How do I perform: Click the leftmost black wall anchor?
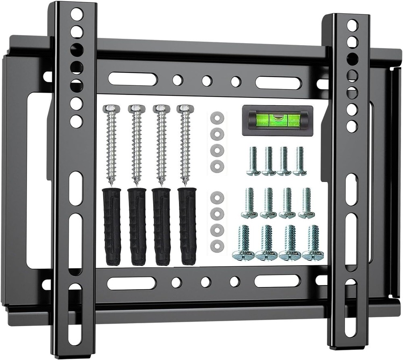click(x=112, y=226)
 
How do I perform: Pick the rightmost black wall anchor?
click(x=187, y=226)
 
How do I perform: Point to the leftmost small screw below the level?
click(x=253, y=161)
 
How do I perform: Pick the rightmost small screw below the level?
click(x=300, y=161)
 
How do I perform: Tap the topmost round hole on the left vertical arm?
click(x=76, y=15)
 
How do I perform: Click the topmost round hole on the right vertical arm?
click(x=352, y=25)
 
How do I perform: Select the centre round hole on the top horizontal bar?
click(x=207, y=81)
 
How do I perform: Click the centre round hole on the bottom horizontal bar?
click(x=206, y=282)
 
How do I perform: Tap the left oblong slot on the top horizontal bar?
click(x=132, y=79)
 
